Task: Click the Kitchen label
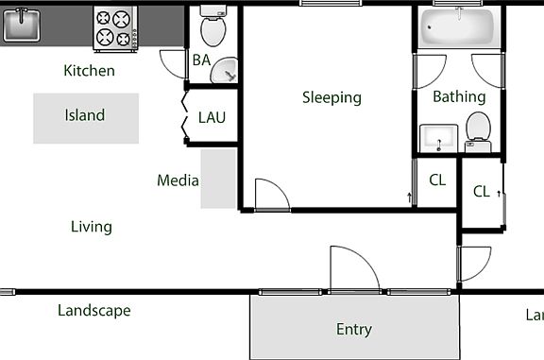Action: click(x=89, y=71)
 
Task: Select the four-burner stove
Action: click(x=114, y=28)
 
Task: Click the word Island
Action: click(x=85, y=115)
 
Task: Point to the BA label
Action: click(x=201, y=60)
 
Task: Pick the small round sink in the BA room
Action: click(x=225, y=70)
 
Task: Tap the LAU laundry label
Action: click(x=212, y=118)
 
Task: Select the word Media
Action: click(x=177, y=180)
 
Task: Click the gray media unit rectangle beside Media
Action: click(x=218, y=179)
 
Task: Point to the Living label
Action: click(x=92, y=227)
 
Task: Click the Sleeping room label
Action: click(x=331, y=97)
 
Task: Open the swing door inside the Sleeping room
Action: click(x=271, y=195)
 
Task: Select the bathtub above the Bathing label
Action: click(x=459, y=29)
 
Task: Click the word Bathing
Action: click(x=459, y=96)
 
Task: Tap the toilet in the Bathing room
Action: click(x=479, y=129)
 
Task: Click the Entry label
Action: click(x=354, y=330)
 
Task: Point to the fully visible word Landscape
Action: click(x=93, y=311)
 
